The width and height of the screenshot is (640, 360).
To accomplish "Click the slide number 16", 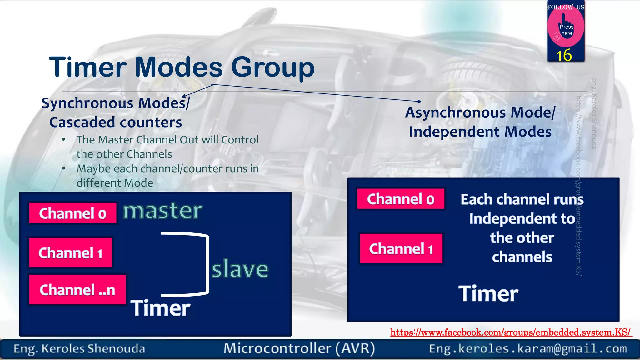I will [x=564, y=56].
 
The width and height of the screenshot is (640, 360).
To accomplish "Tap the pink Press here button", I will [x=566, y=28].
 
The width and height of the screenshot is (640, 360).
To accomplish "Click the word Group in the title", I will [x=272, y=67].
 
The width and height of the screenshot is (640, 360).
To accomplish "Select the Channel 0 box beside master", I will [x=73, y=213].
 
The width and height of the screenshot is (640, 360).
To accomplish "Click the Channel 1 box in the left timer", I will [x=70, y=253].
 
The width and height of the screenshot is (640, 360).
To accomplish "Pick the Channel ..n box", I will [x=77, y=290].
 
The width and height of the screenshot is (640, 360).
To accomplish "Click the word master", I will [x=162, y=211].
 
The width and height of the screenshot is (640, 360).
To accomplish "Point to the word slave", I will [x=240, y=269].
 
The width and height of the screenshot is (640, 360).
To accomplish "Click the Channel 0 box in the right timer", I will [x=401, y=199].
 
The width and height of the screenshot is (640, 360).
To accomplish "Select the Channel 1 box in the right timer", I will [x=401, y=249].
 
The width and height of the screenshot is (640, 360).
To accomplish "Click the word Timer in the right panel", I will [x=488, y=294].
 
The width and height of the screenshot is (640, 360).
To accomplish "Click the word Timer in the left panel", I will [x=160, y=308].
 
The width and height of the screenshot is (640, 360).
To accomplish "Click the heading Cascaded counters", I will [x=116, y=122].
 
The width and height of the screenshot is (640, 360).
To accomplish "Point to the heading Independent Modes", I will [x=480, y=132].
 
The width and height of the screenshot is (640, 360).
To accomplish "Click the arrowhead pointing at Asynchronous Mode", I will [x=419, y=101].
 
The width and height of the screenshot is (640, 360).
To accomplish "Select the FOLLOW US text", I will [x=565, y=7].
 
